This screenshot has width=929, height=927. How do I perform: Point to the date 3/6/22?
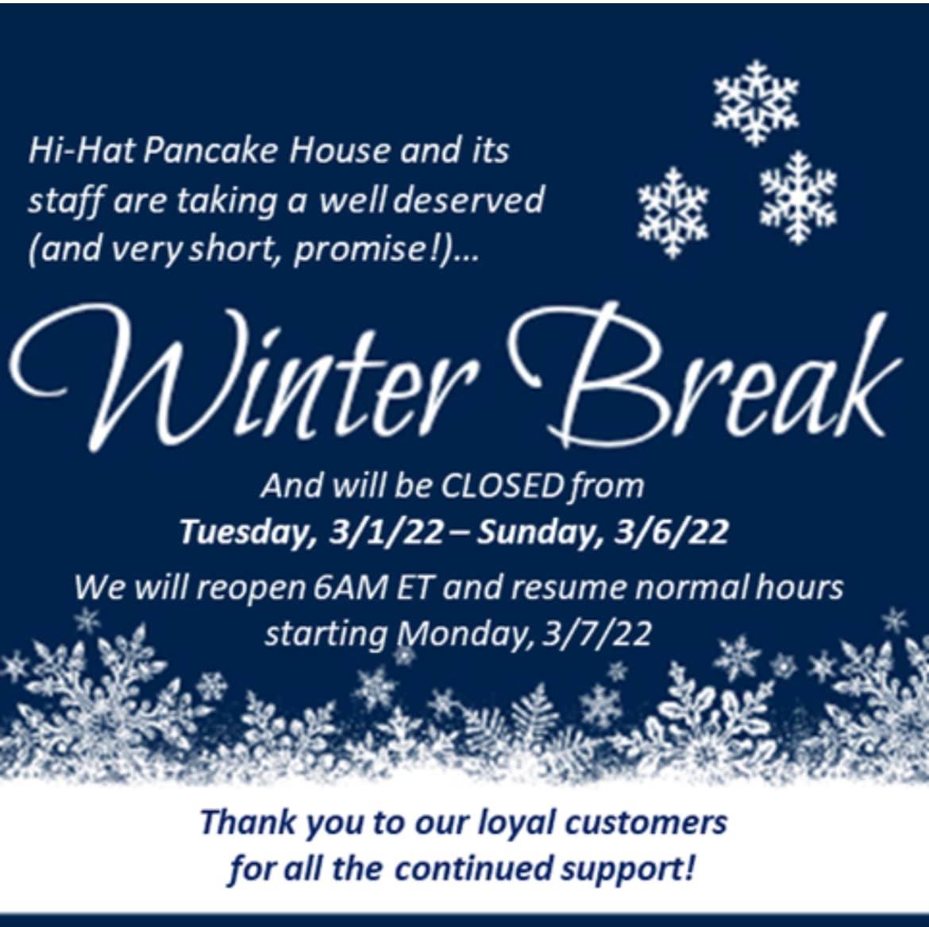[x=671, y=531]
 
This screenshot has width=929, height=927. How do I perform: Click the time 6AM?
[x=349, y=588]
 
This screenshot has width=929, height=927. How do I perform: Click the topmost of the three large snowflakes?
[x=756, y=102]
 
